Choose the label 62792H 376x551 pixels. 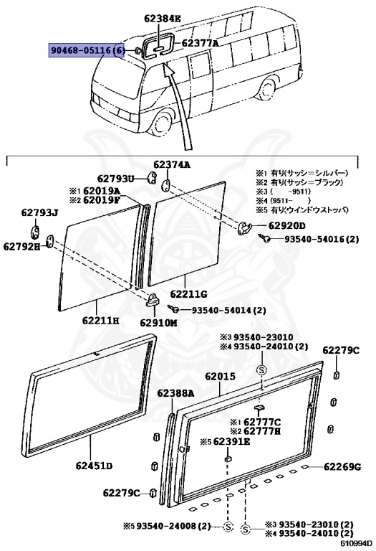[x=21, y=246]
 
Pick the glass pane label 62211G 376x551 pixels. [x=188, y=293]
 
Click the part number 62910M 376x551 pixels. [x=158, y=322]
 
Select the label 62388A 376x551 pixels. [x=175, y=392]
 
